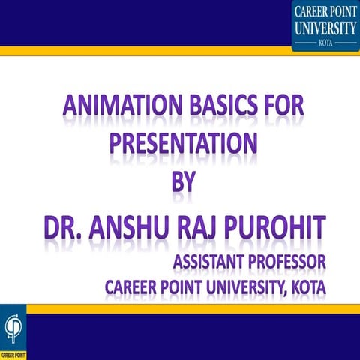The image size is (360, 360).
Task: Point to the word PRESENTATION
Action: (180, 143)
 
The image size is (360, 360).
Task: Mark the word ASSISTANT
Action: (211, 262)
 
